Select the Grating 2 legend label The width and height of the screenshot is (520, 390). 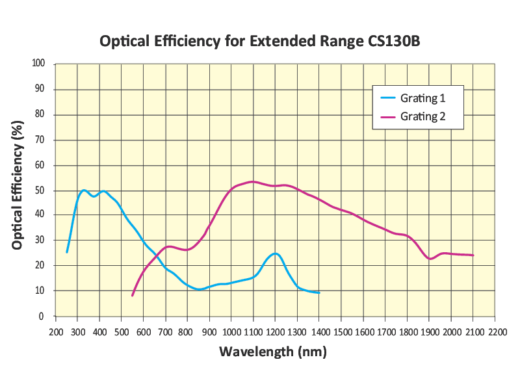pos(422,116)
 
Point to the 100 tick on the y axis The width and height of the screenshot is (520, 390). pos(38,64)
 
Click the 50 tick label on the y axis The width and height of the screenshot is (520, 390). pos(40,190)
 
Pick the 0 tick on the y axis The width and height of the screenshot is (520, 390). pos(42,317)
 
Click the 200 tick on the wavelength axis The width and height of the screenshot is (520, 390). pos(55,331)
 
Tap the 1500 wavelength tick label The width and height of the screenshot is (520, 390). pos(341,331)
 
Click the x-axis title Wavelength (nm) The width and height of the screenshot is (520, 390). pos(272,352)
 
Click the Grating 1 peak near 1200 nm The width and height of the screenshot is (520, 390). pos(275,253)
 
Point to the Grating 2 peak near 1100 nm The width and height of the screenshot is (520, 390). pos(253,181)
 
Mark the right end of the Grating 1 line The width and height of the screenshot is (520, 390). pos(319,292)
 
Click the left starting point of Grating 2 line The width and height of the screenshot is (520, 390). pos(133,296)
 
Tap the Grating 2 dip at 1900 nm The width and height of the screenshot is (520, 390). pos(430,259)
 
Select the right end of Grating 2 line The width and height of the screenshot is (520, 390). pos(473,255)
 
